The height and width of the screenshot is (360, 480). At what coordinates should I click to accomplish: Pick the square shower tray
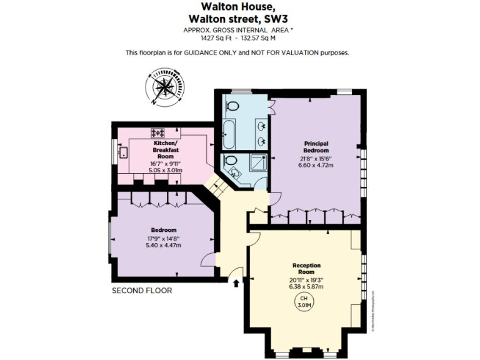257,164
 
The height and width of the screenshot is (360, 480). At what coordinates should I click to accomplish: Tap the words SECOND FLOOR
141,291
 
